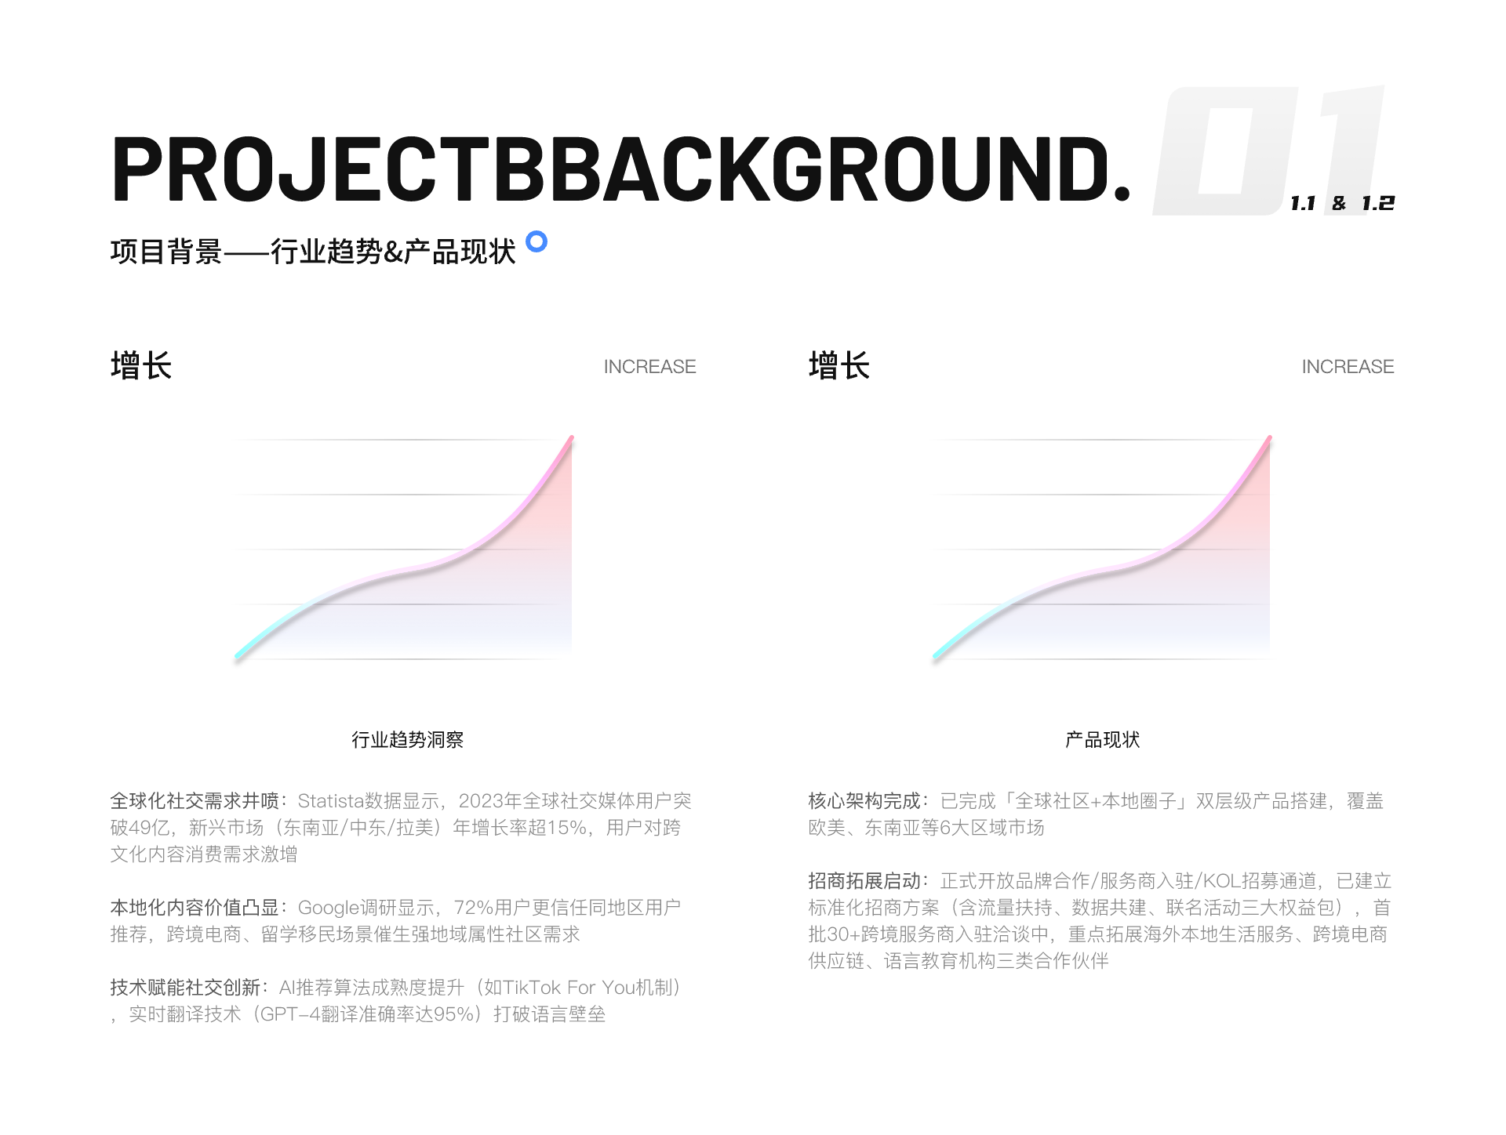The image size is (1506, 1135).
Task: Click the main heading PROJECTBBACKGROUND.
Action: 621,169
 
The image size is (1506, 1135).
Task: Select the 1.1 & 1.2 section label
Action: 1342,203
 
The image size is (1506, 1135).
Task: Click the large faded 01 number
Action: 1269,150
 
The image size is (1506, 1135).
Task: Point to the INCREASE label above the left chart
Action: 649,367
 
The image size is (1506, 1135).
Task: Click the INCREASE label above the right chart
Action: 1348,367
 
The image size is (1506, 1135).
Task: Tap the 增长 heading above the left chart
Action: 141,366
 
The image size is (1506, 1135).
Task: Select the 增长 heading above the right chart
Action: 839,366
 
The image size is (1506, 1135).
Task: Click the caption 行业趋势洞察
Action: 407,740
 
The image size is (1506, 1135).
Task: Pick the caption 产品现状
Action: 1102,740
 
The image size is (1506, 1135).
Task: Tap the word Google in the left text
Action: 329,908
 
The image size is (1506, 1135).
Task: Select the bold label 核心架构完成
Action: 864,801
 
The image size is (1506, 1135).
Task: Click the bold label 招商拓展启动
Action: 864,881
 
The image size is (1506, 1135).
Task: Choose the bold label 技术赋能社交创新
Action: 185,988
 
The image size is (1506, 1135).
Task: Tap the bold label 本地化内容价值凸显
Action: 195,908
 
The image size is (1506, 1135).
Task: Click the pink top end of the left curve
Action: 571,438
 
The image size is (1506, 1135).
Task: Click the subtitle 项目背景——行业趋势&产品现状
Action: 313,252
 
